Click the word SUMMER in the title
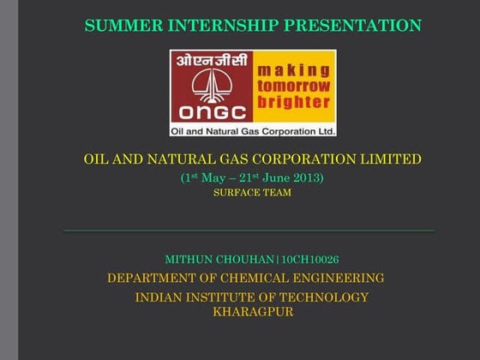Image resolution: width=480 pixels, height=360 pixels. point(117,27)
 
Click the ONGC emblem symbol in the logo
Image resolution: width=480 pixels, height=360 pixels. point(211,83)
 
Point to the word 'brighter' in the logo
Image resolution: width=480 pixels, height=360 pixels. point(294,103)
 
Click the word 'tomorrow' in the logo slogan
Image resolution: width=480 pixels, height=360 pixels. point(294,87)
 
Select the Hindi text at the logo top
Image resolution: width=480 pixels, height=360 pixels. point(212,61)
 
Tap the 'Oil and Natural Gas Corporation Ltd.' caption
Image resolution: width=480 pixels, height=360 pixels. point(253,130)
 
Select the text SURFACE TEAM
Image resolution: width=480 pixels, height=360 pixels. point(252,193)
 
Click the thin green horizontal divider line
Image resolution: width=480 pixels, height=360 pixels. point(249,231)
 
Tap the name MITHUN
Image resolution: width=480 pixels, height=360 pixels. point(189,259)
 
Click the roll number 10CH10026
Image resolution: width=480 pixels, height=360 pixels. point(309,259)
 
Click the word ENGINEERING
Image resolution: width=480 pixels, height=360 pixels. point(344,278)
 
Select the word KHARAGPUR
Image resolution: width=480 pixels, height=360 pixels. point(253,312)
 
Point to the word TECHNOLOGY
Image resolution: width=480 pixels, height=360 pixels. point(322,297)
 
